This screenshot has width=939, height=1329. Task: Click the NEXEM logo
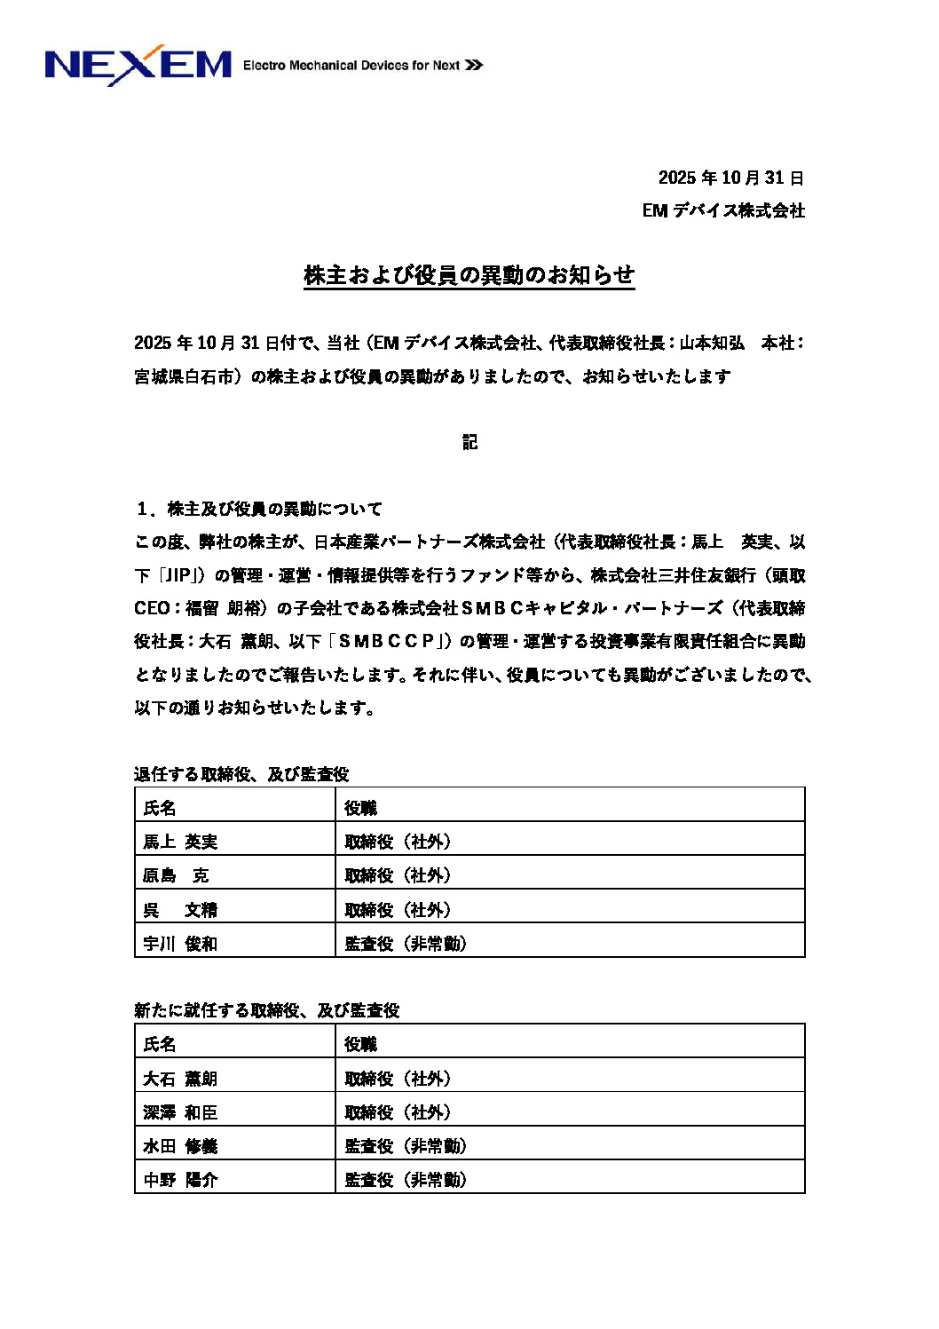pos(138,65)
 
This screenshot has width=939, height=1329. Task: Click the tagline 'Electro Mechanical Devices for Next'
pos(351,65)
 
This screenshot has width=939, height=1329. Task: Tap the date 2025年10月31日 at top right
pos(730,178)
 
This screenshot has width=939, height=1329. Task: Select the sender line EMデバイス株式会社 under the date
pos(722,210)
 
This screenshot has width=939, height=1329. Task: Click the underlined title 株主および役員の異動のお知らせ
pos(469,275)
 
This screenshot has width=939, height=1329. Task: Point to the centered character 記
pos(469,442)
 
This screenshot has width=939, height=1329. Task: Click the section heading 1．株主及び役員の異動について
pos(259,509)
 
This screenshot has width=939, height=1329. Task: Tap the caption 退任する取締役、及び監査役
pos(241,774)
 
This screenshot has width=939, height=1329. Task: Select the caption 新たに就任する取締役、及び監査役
pos(266,1010)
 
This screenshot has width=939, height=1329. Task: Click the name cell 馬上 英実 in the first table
pos(180,842)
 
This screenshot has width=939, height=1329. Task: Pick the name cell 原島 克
pos(176,875)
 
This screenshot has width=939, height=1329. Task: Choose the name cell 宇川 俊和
pos(180,944)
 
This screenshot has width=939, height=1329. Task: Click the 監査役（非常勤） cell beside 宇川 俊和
pos(406,944)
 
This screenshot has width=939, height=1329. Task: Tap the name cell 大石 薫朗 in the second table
pos(180,1079)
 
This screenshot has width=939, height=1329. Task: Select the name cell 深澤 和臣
pos(180,1112)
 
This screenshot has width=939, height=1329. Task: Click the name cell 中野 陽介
pos(180,1180)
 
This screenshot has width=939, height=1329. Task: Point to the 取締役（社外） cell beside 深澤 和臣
pos(398,1112)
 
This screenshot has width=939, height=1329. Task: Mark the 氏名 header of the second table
pos(160,1044)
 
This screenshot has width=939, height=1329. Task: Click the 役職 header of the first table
pos(360,808)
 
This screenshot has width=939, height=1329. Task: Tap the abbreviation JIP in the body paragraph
pos(179,575)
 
